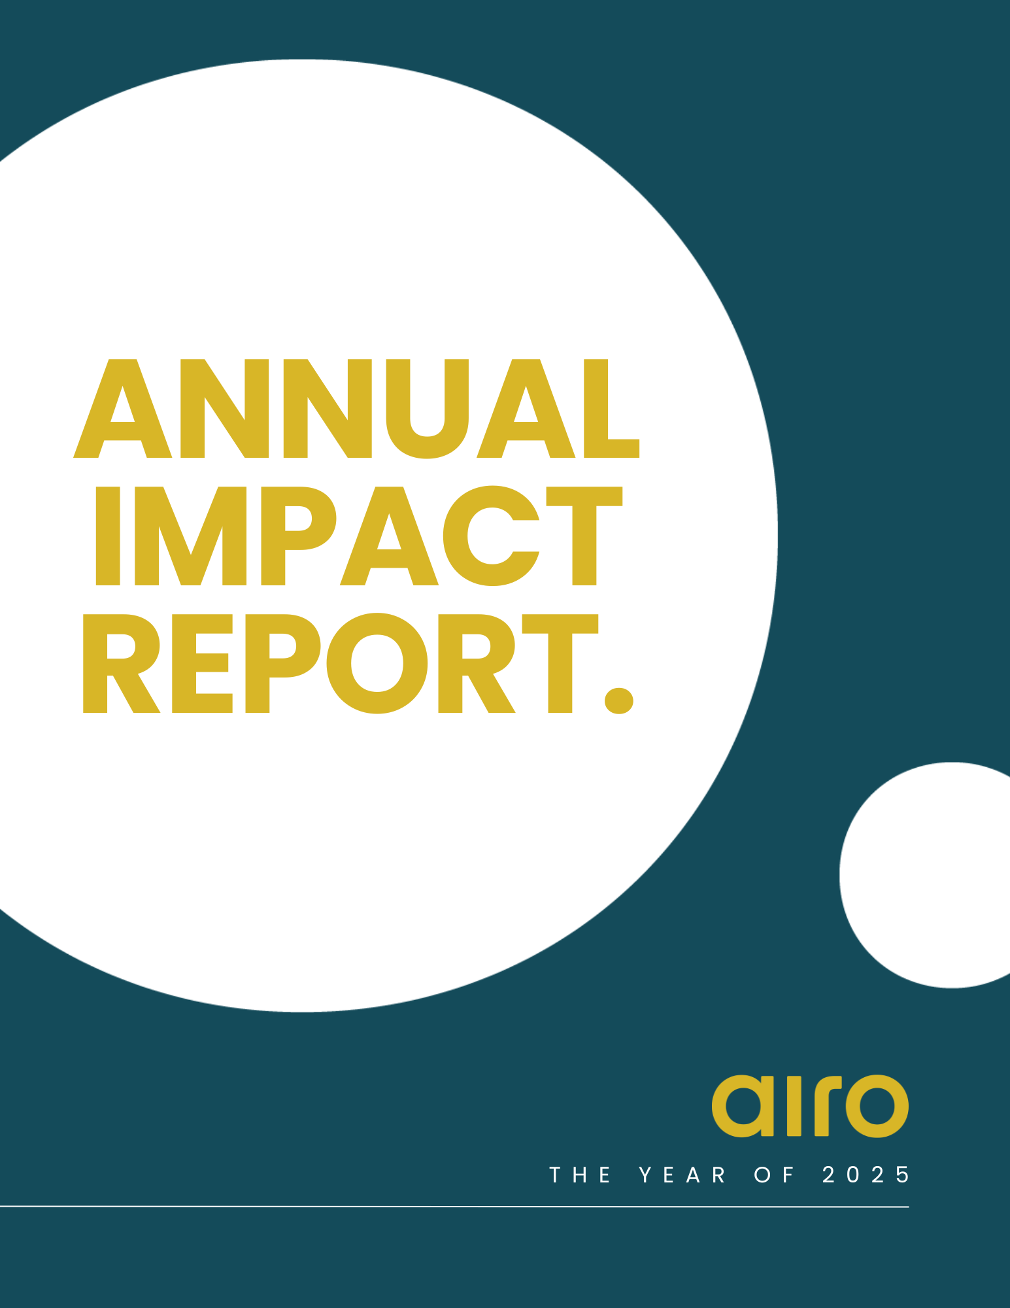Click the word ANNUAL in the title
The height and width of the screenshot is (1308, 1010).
coord(356,409)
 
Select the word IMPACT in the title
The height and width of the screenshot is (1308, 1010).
coord(359,536)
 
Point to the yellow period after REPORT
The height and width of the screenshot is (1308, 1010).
coord(619,700)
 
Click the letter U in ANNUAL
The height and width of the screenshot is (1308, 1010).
coord(428,409)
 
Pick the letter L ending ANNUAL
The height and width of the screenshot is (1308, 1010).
coord(611,408)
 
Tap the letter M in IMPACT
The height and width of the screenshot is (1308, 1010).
coord(190,536)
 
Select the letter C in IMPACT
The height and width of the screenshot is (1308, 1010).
coord(492,536)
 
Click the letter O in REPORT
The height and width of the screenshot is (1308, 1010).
coord(377,663)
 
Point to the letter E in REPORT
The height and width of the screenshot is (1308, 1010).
coord(202,663)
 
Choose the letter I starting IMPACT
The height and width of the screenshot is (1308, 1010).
coord(108,536)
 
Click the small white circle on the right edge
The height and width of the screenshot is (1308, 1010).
coord(925,875)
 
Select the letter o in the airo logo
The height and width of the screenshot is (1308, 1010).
coord(877,1106)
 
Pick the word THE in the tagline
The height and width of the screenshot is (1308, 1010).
coord(581,1175)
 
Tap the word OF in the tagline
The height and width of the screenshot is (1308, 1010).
coord(775,1175)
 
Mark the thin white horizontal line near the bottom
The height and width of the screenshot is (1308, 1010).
coord(454,1207)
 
